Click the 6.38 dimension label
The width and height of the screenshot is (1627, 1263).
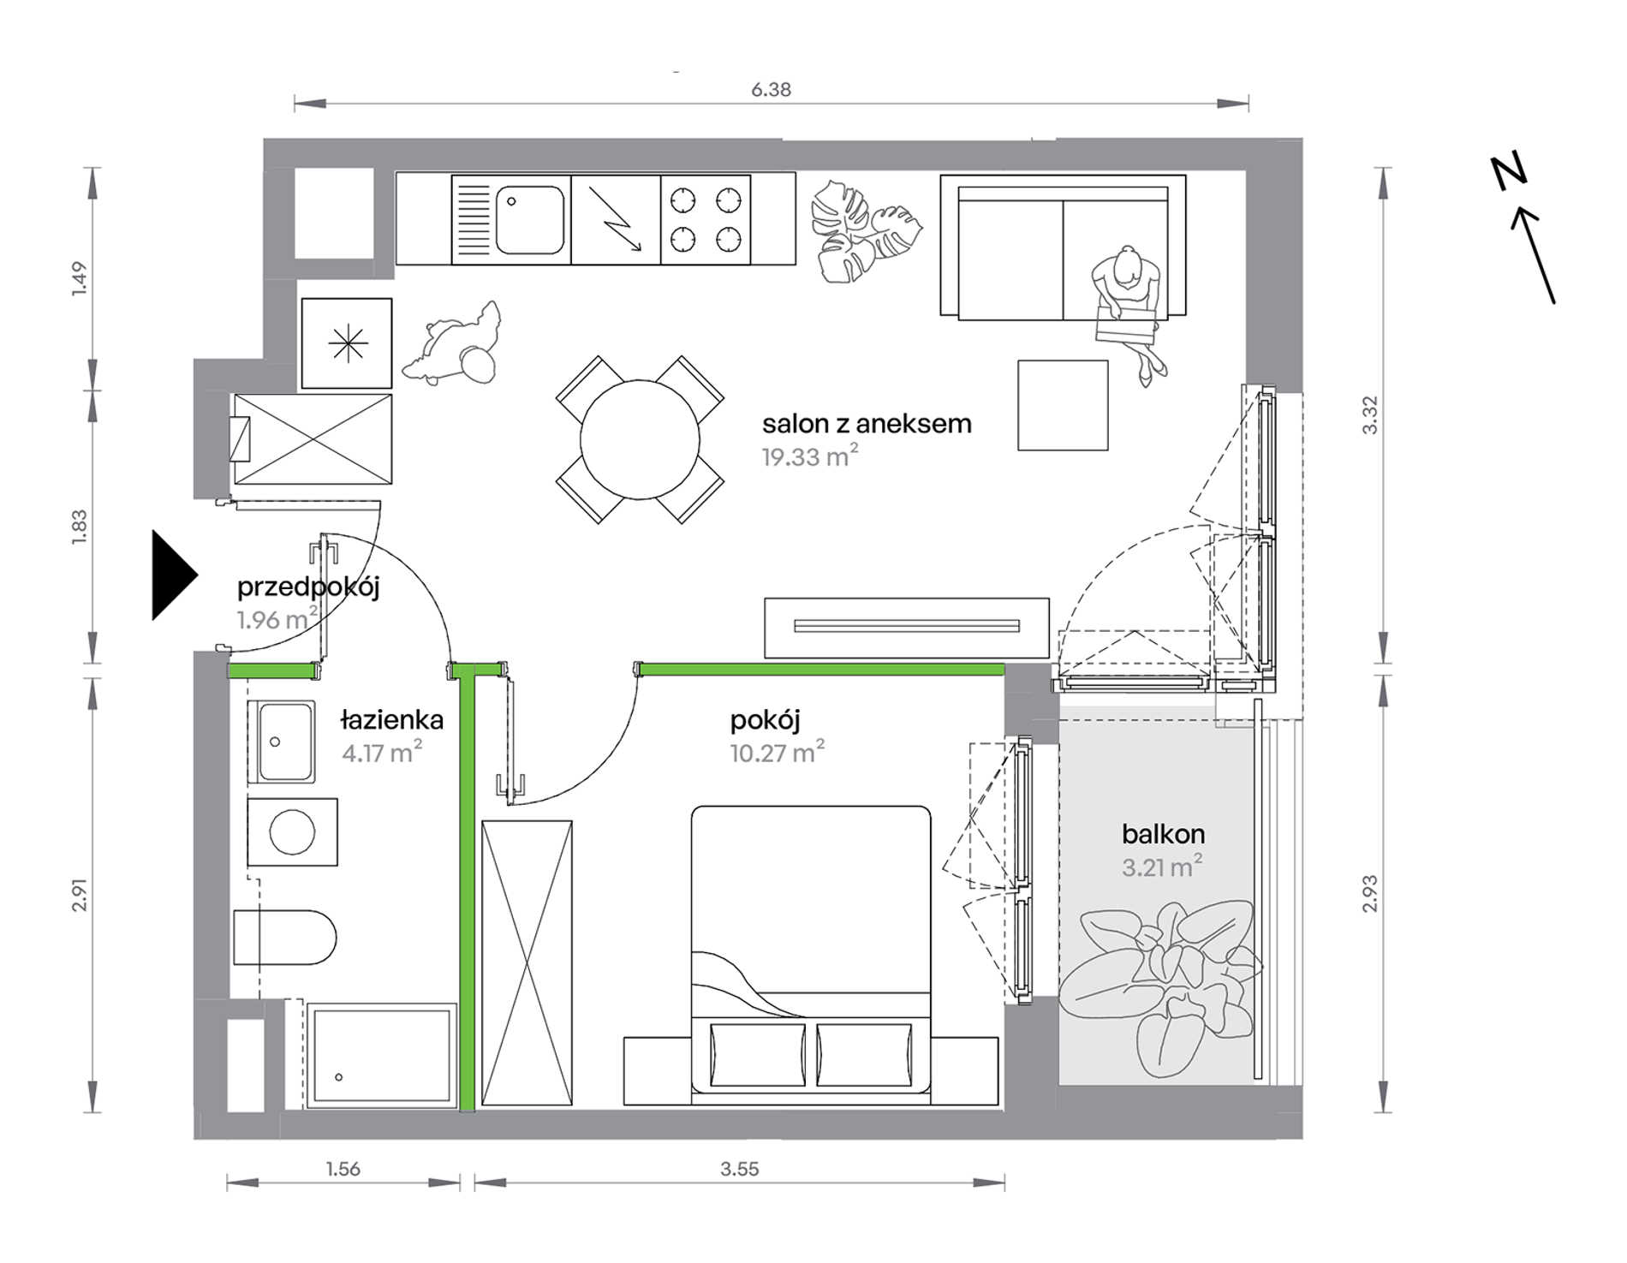(x=771, y=89)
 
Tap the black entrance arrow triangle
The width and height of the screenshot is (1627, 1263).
(x=174, y=575)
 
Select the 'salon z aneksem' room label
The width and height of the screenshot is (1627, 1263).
(x=867, y=424)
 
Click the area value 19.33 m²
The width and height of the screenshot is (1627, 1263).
(x=810, y=456)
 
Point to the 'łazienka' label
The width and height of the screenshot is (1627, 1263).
(x=391, y=720)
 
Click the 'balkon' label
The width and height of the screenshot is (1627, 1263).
(x=1163, y=834)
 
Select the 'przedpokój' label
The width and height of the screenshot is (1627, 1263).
(x=308, y=587)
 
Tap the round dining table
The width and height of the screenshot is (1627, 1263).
(x=640, y=440)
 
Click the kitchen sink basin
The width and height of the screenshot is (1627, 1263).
(x=530, y=220)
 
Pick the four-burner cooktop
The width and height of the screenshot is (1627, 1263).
(x=706, y=220)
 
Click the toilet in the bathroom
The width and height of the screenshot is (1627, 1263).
(x=284, y=937)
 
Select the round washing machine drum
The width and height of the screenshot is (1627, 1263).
(x=292, y=831)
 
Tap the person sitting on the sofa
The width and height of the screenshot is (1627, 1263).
(x=1129, y=313)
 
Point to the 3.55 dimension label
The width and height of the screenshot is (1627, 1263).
(x=740, y=1169)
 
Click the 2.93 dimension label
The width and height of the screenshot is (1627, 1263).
(x=1369, y=893)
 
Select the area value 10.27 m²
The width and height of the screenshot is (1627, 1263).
(x=777, y=752)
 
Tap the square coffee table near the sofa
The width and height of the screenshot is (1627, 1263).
(x=1063, y=405)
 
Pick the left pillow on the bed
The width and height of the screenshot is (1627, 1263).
(x=758, y=1054)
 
